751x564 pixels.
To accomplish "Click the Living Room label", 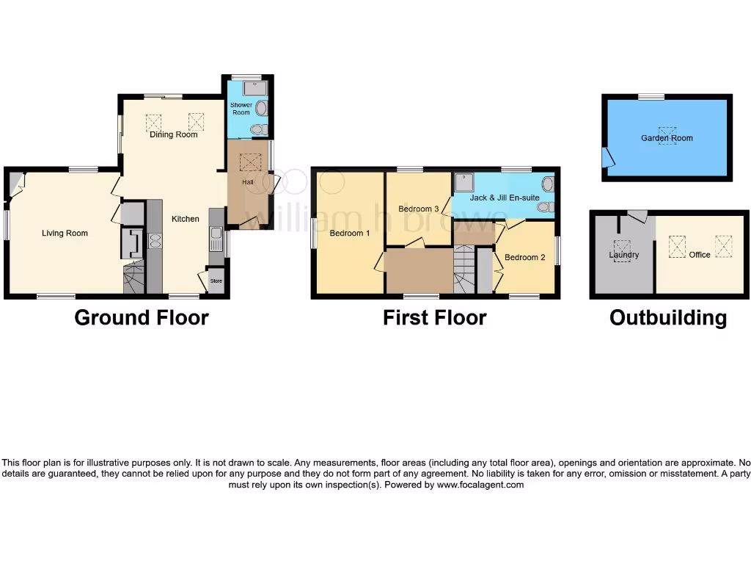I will coord(65,234).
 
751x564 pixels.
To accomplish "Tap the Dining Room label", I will coord(174,135).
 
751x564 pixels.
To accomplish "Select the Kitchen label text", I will coord(186,219).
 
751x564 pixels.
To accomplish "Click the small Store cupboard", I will coord(216,281).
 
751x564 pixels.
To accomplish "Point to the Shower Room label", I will coord(241,109).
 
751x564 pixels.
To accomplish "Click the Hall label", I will coord(248,182).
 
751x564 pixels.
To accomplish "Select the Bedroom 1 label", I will coord(350,234).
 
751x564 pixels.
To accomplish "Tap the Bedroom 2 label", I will coord(525,258).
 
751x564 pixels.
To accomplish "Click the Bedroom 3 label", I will coord(418,209).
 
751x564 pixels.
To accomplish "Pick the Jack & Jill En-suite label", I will coord(505,198).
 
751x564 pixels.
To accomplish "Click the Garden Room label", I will coord(667,138).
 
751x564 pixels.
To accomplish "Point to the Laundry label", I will coord(623,255).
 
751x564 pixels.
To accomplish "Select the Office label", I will coord(700,255).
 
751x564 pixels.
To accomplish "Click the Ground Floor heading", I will coord(142,318).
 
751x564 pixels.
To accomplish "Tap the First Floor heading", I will coord(434,318).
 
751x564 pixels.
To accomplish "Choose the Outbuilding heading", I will coord(668,318).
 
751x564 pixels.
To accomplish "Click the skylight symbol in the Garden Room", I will coord(667,135).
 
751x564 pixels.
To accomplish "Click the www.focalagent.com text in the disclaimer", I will coord(480,485).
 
